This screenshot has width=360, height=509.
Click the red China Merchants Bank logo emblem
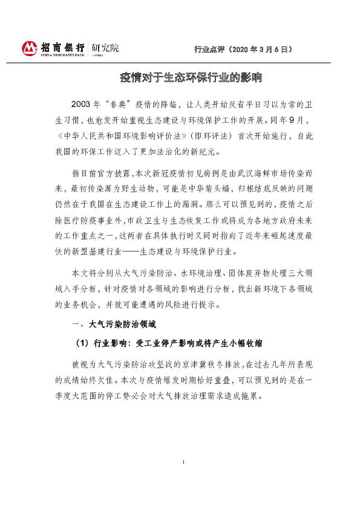point(30,48)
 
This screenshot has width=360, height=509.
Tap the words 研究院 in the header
point(105,47)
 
